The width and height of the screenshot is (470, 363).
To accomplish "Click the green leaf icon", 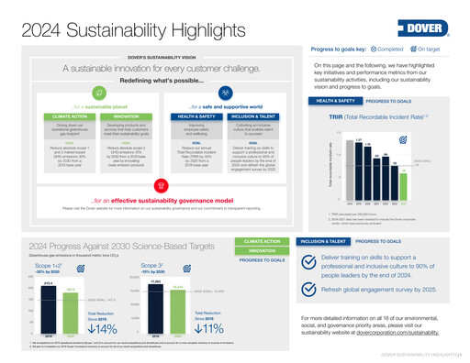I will tap(98, 93).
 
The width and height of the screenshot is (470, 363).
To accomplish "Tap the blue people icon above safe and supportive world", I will tap(226, 93).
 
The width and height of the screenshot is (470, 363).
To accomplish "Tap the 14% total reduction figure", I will tap(102, 329).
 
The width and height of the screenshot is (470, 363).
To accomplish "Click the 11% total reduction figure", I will tap(210, 329).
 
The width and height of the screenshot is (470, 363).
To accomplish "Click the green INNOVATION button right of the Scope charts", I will tap(262, 250).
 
